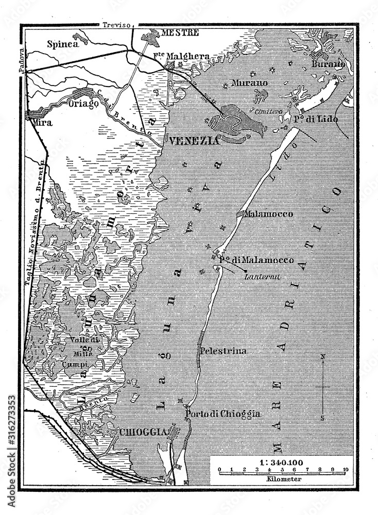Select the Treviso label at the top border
click(x=117, y=24)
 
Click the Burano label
click(x=328, y=64)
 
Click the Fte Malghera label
click(x=174, y=56)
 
